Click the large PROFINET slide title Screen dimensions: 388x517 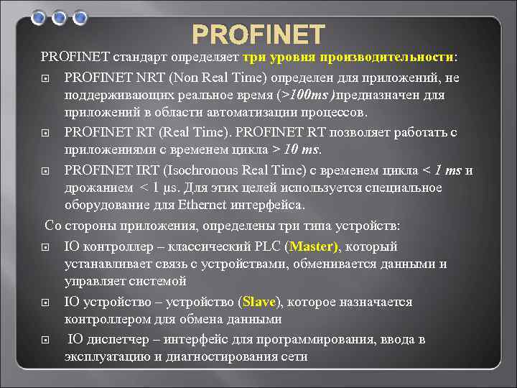click(x=258, y=34)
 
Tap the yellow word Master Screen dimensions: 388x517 click(x=313, y=246)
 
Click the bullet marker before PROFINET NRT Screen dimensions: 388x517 click(x=45, y=78)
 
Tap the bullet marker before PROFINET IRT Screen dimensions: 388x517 click(x=45, y=171)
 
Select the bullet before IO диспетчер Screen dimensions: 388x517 click(x=45, y=339)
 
